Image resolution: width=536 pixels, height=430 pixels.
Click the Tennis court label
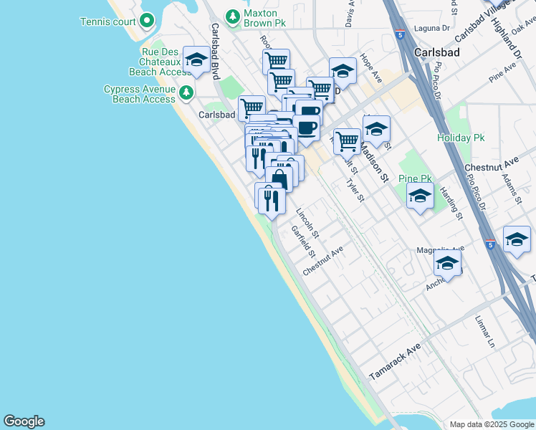click(108, 21)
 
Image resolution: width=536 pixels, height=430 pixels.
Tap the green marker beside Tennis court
click(148, 21)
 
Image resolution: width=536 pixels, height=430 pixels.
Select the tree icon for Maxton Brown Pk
click(231, 16)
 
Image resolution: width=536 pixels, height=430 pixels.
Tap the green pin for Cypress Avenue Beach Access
click(186, 92)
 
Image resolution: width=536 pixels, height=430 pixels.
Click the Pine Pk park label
click(415, 178)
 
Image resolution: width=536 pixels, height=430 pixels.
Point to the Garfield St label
click(304, 242)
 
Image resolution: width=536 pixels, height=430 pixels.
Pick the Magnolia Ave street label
click(441, 249)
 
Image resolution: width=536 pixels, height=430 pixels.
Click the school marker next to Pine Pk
click(420, 196)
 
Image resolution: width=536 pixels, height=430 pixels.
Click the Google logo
click(24, 421)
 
